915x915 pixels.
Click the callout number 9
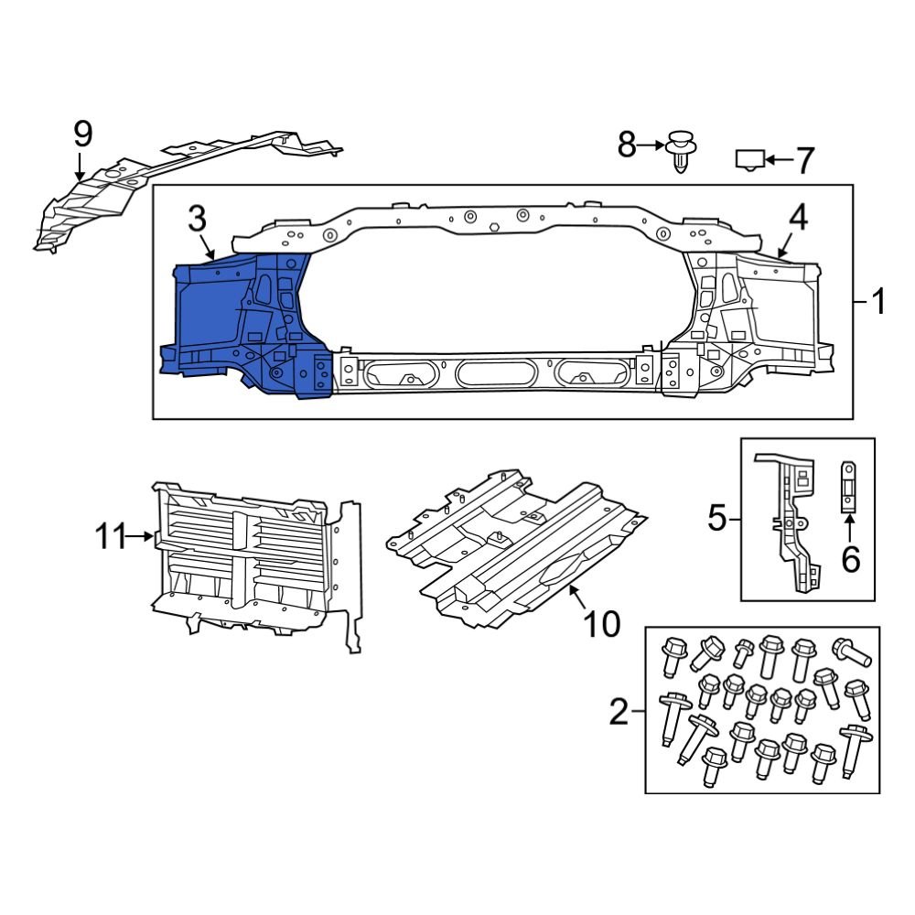point(82,135)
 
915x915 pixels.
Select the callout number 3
point(197,219)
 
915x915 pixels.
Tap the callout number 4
point(798,217)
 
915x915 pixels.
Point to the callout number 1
point(878,301)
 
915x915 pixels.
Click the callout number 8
point(626,145)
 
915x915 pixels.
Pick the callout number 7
point(803,161)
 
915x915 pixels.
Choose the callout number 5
point(716,519)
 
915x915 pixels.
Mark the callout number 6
point(851,558)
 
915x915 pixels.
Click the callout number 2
point(619,711)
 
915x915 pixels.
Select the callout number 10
point(601,625)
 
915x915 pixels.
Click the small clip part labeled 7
point(749,160)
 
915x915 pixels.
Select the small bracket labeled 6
point(848,486)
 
